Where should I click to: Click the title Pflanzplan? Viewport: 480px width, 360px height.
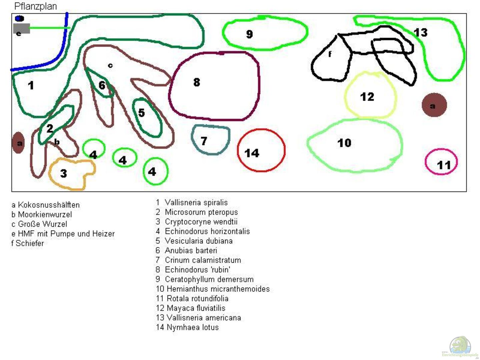click(35, 6)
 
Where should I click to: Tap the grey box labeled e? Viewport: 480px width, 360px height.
click(21, 29)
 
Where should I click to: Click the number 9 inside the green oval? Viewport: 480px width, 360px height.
click(249, 34)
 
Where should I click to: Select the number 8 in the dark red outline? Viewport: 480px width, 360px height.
click(197, 82)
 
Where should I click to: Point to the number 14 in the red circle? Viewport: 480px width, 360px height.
click(252, 153)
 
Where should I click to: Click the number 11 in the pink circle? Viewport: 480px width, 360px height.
click(444, 165)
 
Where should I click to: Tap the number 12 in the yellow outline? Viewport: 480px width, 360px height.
click(367, 97)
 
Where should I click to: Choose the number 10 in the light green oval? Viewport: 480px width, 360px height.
click(344, 143)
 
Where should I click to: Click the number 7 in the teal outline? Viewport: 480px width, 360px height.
click(204, 141)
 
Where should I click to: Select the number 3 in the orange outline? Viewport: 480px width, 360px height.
click(63, 173)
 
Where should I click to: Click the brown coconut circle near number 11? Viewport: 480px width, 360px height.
click(434, 105)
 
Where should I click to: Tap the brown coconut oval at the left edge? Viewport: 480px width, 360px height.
click(19, 143)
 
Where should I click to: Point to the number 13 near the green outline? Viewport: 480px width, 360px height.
click(420, 32)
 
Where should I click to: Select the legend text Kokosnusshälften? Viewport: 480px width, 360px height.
click(49, 205)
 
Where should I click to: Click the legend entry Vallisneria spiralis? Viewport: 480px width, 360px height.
click(196, 202)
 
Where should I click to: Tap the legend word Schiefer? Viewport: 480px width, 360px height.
click(30, 243)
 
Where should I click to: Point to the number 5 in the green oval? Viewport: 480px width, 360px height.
click(142, 113)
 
